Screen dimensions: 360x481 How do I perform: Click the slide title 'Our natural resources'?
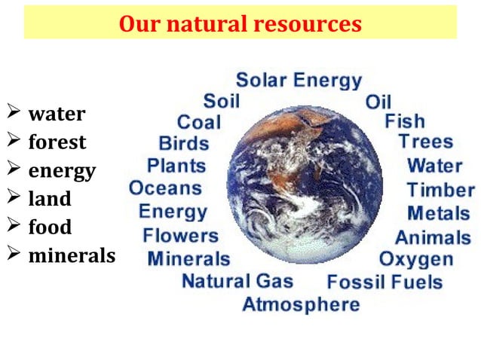pyautogui.click(x=240, y=24)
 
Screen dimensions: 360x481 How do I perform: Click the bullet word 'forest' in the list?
pyautogui.click(x=57, y=142)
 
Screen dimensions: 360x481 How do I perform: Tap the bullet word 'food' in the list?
pyautogui.click(x=51, y=227)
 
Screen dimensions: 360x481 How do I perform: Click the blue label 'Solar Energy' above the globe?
pyautogui.click(x=299, y=80)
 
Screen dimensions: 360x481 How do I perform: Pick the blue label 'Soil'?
pyautogui.click(x=221, y=101)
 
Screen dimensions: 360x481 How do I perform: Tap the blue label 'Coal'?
pyautogui.click(x=199, y=122)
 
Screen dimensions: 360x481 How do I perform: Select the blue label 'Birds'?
pyautogui.click(x=184, y=143)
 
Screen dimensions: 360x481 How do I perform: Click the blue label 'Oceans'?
pyautogui.click(x=166, y=188)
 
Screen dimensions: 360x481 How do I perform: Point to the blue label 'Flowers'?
pyautogui.click(x=180, y=235)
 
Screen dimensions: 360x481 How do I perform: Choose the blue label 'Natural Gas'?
pyautogui.click(x=237, y=282)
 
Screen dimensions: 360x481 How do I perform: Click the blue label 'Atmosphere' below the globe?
pyautogui.click(x=301, y=304)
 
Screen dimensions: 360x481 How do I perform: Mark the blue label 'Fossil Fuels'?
pyautogui.click(x=384, y=282)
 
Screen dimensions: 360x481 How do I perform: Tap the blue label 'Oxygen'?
pyautogui.click(x=416, y=260)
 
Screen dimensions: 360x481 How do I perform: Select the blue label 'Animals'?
pyautogui.click(x=433, y=237)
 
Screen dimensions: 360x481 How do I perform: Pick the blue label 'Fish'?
pyautogui.click(x=405, y=121)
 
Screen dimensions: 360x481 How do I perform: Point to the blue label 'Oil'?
pyautogui.click(x=378, y=102)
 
